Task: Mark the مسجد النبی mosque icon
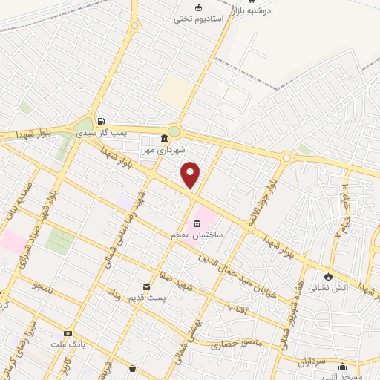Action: pos(342,365)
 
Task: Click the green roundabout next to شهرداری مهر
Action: pos(174,132)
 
